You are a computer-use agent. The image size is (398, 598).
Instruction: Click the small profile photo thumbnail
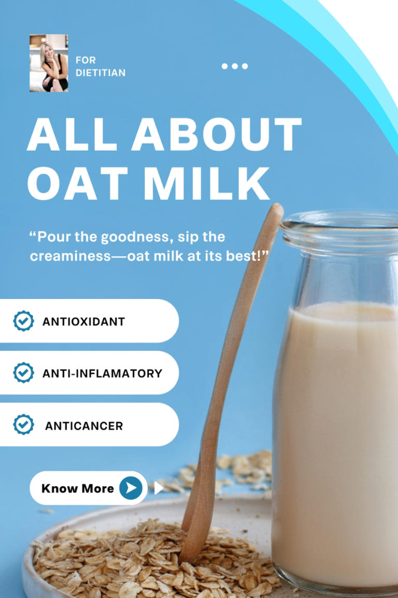49,63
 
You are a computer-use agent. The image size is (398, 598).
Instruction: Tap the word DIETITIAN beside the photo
101,73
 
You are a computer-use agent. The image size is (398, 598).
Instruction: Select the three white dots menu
234,66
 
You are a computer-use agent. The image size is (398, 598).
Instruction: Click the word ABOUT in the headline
216,134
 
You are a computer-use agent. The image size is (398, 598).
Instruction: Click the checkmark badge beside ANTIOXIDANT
23,321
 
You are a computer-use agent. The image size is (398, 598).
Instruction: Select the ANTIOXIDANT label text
83,321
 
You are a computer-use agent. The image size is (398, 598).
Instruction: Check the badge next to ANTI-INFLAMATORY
23,373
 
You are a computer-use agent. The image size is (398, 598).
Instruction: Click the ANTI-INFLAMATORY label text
102,373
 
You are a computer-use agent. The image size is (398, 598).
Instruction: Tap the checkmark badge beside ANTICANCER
23,425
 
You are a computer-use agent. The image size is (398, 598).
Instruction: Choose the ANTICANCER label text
84,426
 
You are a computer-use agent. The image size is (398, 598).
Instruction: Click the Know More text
77,488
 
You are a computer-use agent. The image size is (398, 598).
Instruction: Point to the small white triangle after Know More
158,488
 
